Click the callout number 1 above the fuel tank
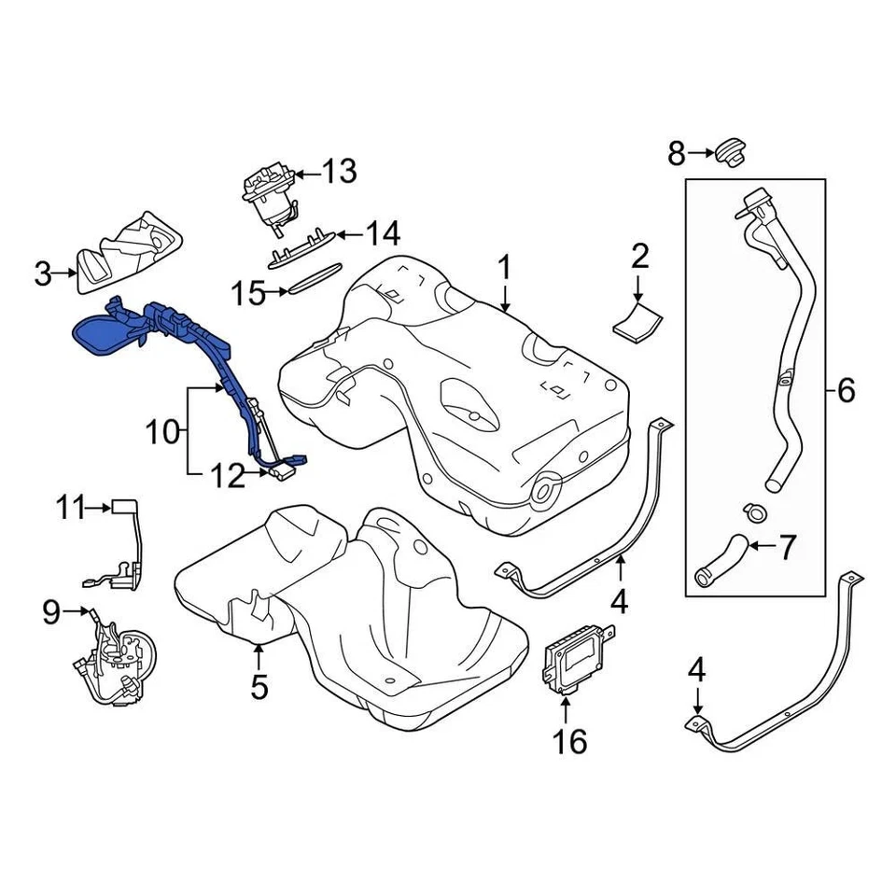coord(504,269)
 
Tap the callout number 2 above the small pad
coord(639,255)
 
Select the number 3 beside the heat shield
coord(43,273)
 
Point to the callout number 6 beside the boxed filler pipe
coord(846,390)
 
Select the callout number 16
coord(570,742)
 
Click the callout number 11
coord(69,509)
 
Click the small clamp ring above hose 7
coord(754,511)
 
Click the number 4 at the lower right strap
coord(695,669)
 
